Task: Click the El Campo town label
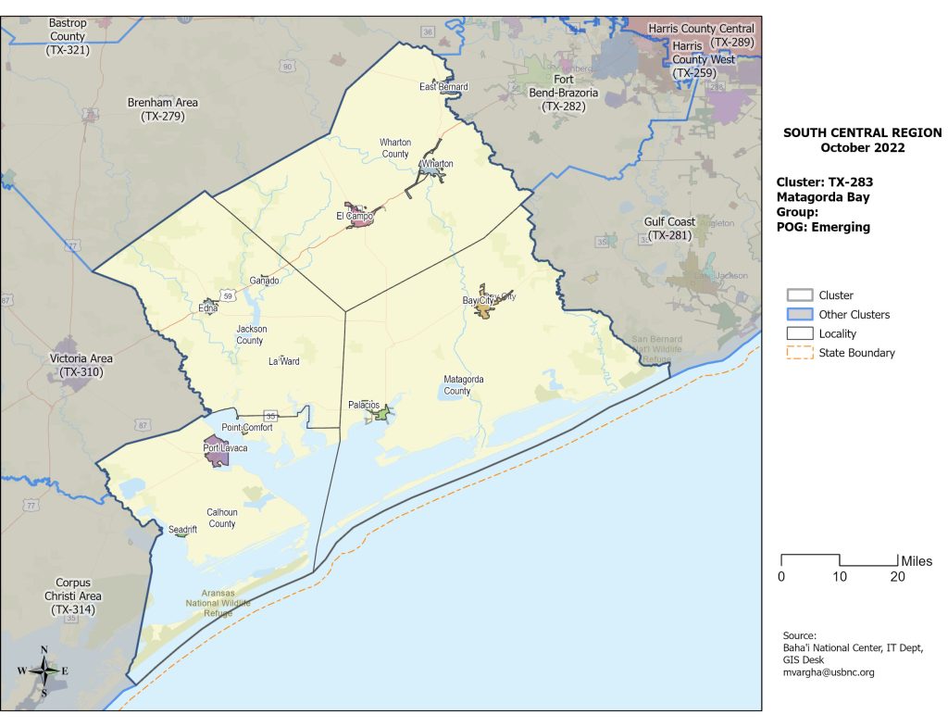pyautogui.click(x=355, y=217)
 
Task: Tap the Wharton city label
pyautogui.click(x=436, y=164)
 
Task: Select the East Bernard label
pyautogui.click(x=443, y=87)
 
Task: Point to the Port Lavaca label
pyautogui.click(x=225, y=448)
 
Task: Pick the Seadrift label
pyautogui.click(x=184, y=530)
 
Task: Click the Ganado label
pyautogui.click(x=265, y=281)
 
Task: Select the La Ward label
pyautogui.click(x=284, y=361)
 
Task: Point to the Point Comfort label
pyautogui.click(x=247, y=428)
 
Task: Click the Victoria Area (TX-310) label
pyautogui.click(x=81, y=365)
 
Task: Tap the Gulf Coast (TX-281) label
pyautogui.click(x=669, y=229)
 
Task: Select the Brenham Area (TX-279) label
pyautogui.click(x=163, y=109)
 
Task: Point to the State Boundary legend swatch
pyautogui.click(x=799, y=353)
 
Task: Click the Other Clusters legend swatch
pyautogui.click(x=799, y=315)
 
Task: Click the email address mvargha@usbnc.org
pyautogui.click(x=829, y=672)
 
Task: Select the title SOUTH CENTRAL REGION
pyautogui.click(x=862, y=133)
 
